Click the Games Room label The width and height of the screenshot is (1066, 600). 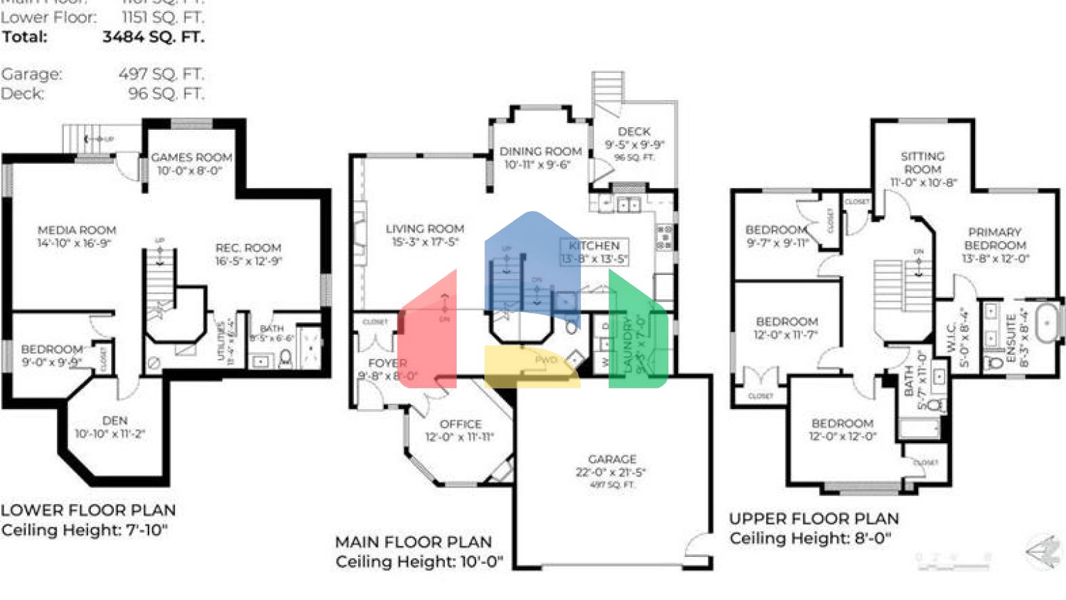click(192, 158)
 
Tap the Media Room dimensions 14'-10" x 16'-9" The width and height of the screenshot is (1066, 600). click(74, 243)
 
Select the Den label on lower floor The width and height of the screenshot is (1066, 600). click(115, 421)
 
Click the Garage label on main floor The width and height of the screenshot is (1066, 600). click(611, 459)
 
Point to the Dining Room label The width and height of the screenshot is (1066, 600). click(541, 151)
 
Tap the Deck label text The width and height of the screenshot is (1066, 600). click(634, 131)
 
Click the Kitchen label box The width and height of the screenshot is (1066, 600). click(594, 251)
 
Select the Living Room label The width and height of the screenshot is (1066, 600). click(425, 228)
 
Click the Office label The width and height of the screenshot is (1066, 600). click(460, 424)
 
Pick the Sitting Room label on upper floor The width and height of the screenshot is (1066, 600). click(922, 162)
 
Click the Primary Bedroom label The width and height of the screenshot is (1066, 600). click(995, 238)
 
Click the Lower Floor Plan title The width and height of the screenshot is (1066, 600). click(88, 510)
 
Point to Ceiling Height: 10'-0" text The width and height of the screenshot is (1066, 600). click(419, 561)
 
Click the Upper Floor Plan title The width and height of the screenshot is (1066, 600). click(813, 519)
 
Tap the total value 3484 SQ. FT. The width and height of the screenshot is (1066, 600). click(153, 37)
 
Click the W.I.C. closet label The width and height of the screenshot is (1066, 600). click(951, 337)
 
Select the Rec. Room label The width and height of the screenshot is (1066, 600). click(248, 248)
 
